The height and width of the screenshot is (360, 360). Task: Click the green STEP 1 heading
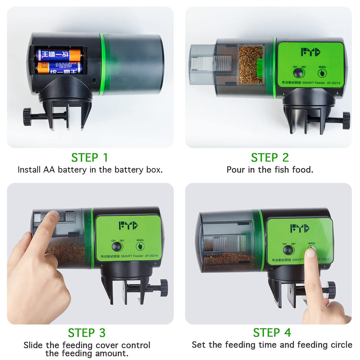pos(90,157)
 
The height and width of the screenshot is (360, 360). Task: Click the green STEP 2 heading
pos(270,157)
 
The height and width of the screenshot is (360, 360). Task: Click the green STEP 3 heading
pos(87,333)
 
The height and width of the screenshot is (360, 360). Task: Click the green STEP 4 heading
pos(272,333)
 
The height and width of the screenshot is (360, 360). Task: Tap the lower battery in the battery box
pos(59,68)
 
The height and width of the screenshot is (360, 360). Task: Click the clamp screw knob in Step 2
pos(346,120)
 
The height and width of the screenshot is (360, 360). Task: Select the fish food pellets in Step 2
pos(251,65)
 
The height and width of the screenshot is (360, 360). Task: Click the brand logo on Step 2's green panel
pos(310,52)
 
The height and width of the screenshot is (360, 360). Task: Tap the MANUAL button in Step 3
pos(140,246)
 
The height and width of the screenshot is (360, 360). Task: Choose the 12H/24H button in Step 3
pos(117,246)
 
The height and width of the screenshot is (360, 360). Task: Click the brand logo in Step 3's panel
pos(128,225)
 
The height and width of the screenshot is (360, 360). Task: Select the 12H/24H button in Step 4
pos(288,250)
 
